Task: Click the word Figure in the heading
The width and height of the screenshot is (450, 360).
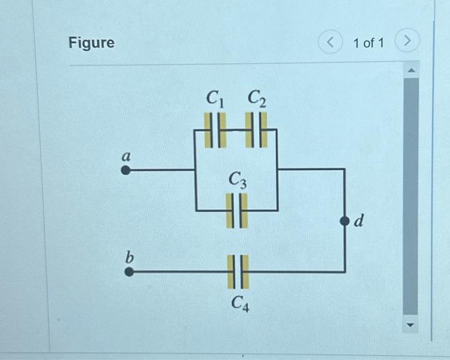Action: pyautogui.click(x=91, y=43)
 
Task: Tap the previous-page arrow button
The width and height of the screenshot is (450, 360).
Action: pyautogui.click(x=330, y=43)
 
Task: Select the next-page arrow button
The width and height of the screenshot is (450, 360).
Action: pyautogui.click(x=406, y=43)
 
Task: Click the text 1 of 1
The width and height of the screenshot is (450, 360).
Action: pyautogui.click(x=368, y=43)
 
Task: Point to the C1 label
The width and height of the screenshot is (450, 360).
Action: pyautogui.click(x=215, y=98)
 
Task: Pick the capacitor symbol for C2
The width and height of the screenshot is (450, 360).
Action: pyautogui.click(x=256, y=129)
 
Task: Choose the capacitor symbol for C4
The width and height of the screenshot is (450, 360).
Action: pyautogui.click(x=237, y=271)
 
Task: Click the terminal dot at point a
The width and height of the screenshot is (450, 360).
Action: pyautogui.click(x=126, y=170)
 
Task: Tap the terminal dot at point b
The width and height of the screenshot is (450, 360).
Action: pyautogui.click(x=129, y=271)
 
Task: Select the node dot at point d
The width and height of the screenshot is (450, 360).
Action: pyautogui.click(x=345, y=221)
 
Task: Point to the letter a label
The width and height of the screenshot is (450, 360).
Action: pyautogui.click(x=126, y=156)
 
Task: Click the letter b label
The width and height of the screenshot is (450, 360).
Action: pyautogui.click(x=129, y=256)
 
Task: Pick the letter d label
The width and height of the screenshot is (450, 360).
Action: pyautogui.click(x=359, y=222)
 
